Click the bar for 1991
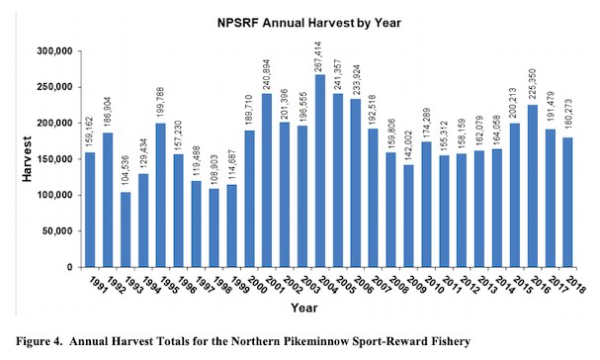(90, 210)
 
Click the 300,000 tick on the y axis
(58, 50)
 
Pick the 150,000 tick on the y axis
(58, 158)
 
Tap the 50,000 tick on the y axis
(61, 230)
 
